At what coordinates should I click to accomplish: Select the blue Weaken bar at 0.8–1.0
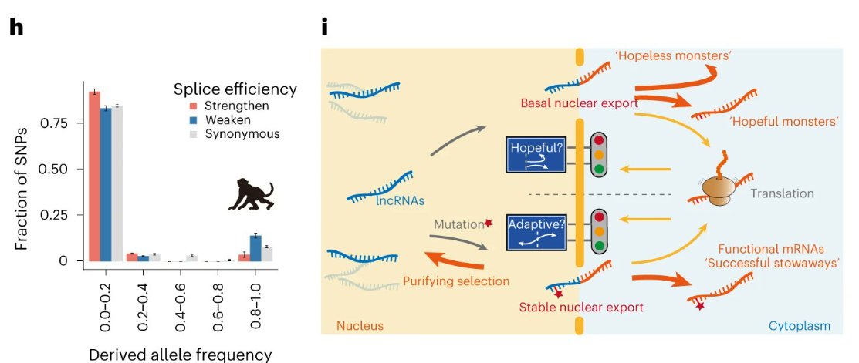click(x=255, y=248)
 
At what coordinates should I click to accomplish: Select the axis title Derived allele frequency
click(x=181, y=355)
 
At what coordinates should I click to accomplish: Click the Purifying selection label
click(x=456, y=281)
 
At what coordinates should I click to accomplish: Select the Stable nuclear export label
click(x=581, y=308)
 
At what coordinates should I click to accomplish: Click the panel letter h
click(x=15, y=27)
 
